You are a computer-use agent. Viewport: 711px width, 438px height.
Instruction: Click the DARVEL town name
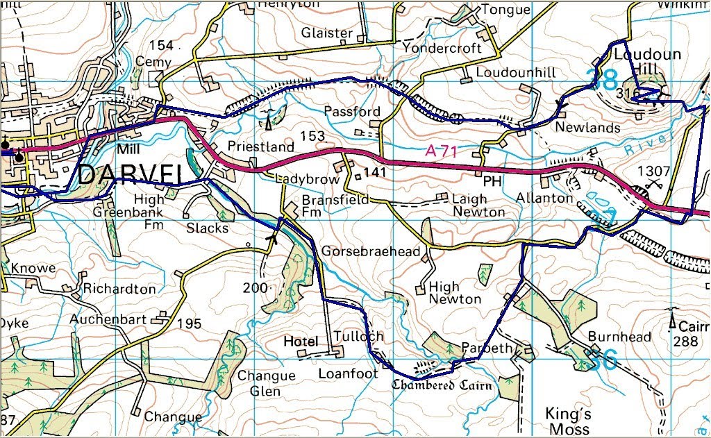[125, 175]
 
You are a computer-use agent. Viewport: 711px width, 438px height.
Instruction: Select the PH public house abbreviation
[492, 181]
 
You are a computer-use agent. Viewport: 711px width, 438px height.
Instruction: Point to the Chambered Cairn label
[442, 385]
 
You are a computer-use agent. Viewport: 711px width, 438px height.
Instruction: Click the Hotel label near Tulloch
[301, 342]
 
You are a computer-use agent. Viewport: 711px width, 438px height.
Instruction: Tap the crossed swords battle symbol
[653, 185]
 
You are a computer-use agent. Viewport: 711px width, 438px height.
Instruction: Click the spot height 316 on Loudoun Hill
[627, 93]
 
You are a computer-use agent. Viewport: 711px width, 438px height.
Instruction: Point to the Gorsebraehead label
[371, 251]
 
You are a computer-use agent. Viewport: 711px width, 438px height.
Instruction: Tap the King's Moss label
[568, 421]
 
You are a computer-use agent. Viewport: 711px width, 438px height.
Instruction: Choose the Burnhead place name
[619, 337]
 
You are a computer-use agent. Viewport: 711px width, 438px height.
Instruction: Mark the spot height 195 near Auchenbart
[189, 323]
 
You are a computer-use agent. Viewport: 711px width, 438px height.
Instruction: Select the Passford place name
[352, 112]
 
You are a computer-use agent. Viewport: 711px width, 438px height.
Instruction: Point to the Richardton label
[119, 289]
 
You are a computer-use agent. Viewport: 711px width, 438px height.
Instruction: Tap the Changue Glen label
[266, 383]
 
